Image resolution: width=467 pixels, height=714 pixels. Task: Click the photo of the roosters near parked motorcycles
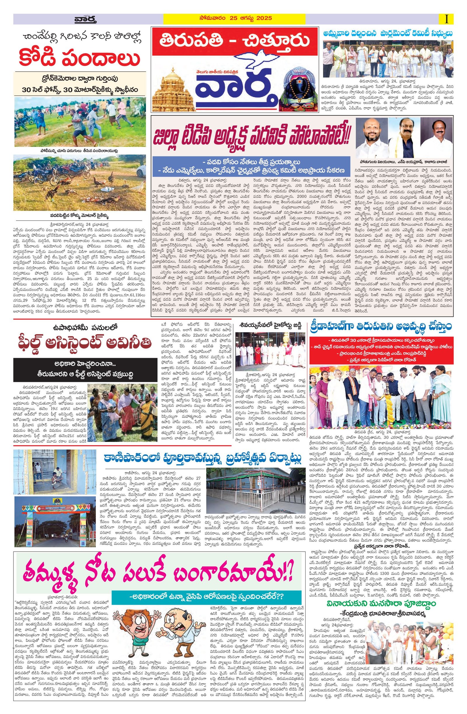(79, 183)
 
